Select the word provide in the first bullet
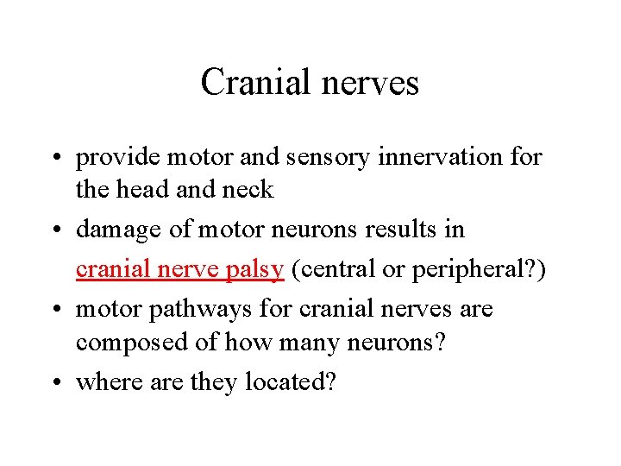tap(117, 158)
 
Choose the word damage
tap(121, 230)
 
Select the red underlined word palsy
tap(254, 269)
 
